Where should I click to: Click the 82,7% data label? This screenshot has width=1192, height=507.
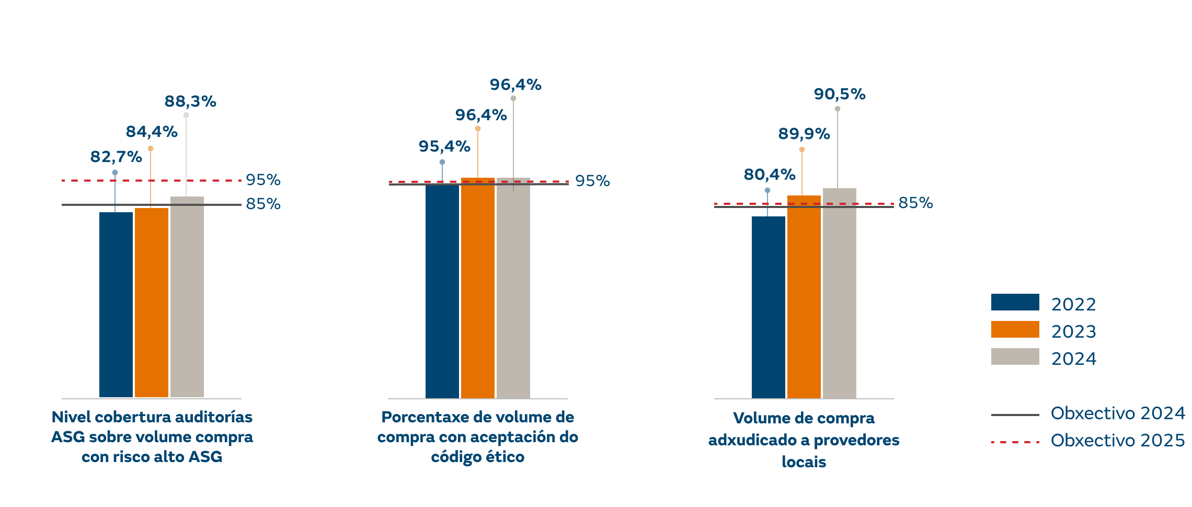pos(116,157)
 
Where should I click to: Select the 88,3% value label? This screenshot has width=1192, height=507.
pos(190,101)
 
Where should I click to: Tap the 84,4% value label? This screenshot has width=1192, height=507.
pos(152,132)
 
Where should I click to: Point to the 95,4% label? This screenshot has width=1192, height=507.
pos(444,147)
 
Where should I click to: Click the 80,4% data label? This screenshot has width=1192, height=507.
pos(770,175)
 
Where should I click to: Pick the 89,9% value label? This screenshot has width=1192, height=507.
pos(804,134)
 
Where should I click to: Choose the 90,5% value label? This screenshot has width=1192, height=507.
pos(840,95)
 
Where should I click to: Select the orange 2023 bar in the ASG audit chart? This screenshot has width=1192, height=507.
pos(152,303)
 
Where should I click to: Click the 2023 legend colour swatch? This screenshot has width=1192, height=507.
pos(1015,329)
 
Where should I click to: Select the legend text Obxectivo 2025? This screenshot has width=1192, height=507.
pos(1118,441)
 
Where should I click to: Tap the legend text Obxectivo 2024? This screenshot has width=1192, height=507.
pos(1118,413)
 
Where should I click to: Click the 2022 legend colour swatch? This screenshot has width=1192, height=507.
pos(1015,302)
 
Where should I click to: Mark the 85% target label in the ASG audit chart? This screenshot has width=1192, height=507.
pos(263,204)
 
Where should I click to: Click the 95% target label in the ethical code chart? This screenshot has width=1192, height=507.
pos(592,181)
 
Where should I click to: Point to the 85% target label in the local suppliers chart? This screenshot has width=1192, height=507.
pos(915,203)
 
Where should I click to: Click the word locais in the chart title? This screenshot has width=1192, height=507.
pos(804,463)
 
